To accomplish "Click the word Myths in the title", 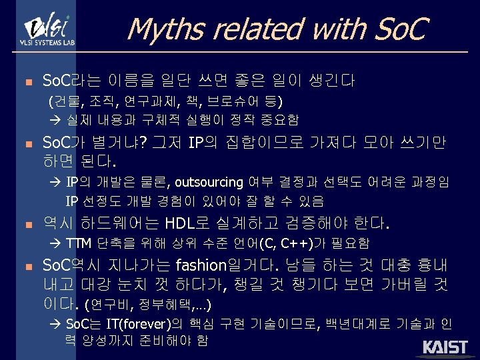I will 157,29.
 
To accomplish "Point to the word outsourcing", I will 209,182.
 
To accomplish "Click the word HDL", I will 183,222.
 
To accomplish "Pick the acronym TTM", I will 80,243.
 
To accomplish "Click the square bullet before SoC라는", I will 28,83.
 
